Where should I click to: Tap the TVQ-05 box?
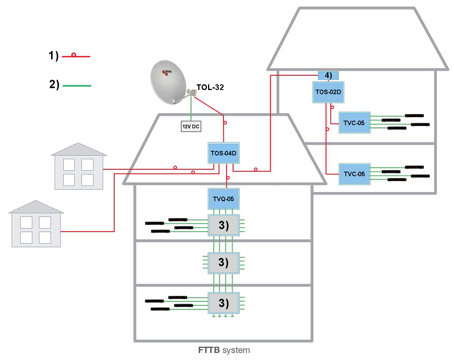click(224, 199)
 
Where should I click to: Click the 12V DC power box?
click(191, 127)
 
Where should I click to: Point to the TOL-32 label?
click(210, 87)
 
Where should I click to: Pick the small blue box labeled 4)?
click(328, 75)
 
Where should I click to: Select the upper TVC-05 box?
click(354, 122)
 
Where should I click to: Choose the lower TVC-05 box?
click(354, 174)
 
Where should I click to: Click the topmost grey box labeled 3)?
click(224, 225)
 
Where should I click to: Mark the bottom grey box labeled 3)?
click(224, 303)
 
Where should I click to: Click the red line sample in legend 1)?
click(76, 56)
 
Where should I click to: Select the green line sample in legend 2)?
click(77, 86)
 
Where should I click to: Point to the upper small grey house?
click(79, 166)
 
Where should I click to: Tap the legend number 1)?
click(53, 56)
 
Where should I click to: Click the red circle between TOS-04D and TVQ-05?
click(227, 178)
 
